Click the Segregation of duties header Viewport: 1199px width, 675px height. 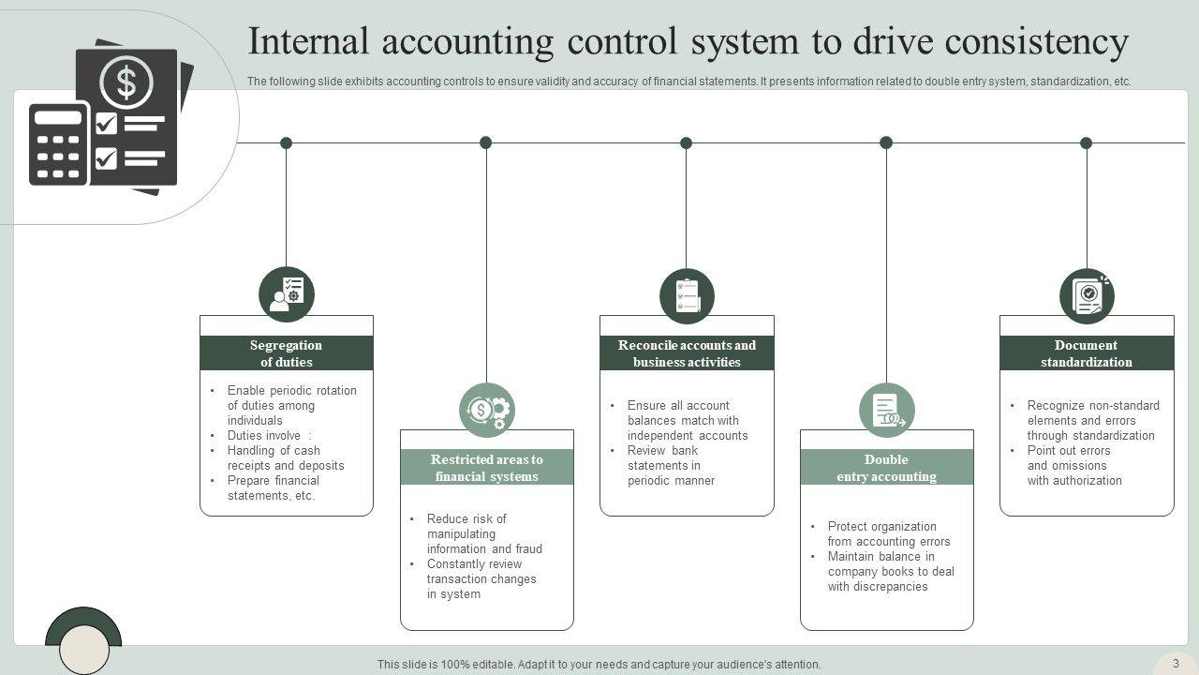pos(287,353)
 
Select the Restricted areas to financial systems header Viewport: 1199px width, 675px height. pos(486,468)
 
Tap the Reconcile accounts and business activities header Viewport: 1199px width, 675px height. pos(687,353)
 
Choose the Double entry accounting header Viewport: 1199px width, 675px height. pos(886,468)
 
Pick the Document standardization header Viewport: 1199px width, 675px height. pos(1087,353)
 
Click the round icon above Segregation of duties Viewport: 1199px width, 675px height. pos(287,294)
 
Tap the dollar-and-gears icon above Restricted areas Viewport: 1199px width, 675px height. pos(487,410)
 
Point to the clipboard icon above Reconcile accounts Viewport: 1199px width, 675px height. pos(687,295)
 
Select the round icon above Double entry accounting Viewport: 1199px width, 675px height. pos(886,410)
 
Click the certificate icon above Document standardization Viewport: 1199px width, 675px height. pos(1087,295)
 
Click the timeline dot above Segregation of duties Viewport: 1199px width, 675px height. pos(287,143)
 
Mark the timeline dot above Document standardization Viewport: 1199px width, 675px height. pos(1087,143)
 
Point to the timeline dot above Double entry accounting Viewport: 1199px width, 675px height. pos(886,143)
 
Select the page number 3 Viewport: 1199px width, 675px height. pos(1176,663)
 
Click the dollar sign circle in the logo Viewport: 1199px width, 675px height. pos(126,82)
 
